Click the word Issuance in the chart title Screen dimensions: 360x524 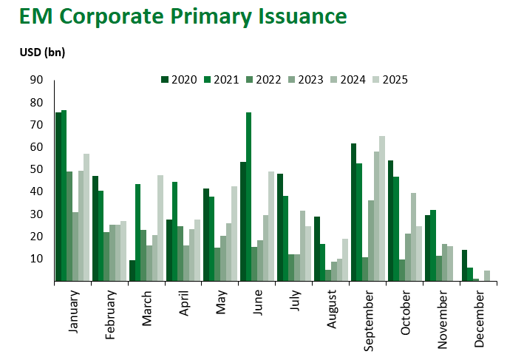click(295, 16)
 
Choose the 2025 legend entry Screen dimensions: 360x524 click(390, 79)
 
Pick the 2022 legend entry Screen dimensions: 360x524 click(263, 79)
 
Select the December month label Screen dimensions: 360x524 click(480, 319)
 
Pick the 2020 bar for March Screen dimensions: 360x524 click(132, 271)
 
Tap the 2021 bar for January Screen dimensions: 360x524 click(64, 196)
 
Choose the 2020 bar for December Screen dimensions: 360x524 click(464, 265)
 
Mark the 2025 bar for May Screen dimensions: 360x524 click(234, 234)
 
